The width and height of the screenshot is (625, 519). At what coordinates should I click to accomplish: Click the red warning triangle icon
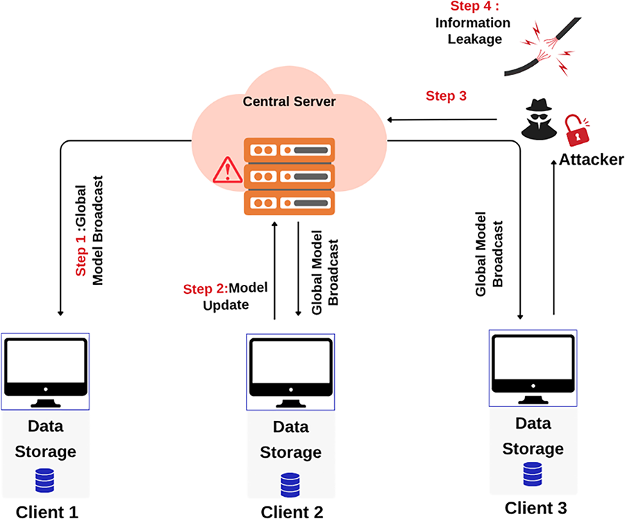(224, 170)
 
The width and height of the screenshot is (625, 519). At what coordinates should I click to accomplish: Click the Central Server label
(289, 102)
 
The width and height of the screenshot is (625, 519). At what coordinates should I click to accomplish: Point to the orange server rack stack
(289, 176)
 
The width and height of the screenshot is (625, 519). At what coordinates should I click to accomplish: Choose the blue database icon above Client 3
(533, 475)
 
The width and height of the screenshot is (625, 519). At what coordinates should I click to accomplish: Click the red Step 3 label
(446, 96)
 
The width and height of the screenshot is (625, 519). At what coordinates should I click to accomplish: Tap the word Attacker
(591, 160)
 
